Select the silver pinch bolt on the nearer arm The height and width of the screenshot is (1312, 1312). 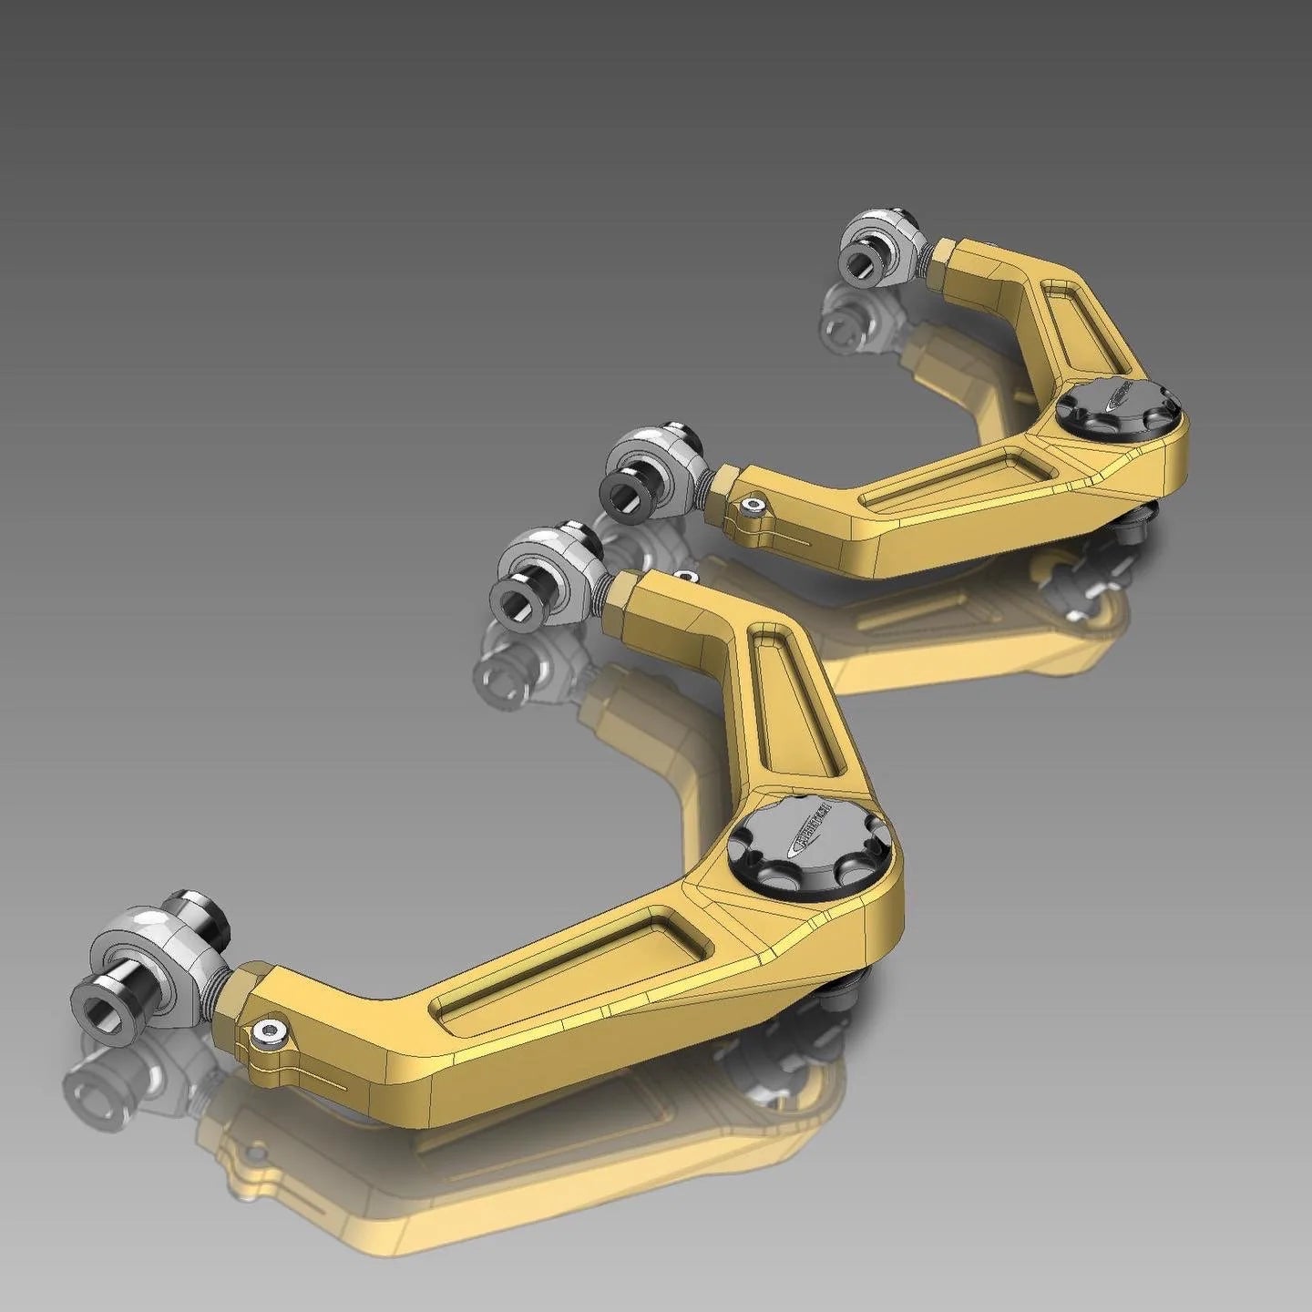click(x=270, y=1030)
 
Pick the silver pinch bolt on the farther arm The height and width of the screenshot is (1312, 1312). click(x=753, y=508)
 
